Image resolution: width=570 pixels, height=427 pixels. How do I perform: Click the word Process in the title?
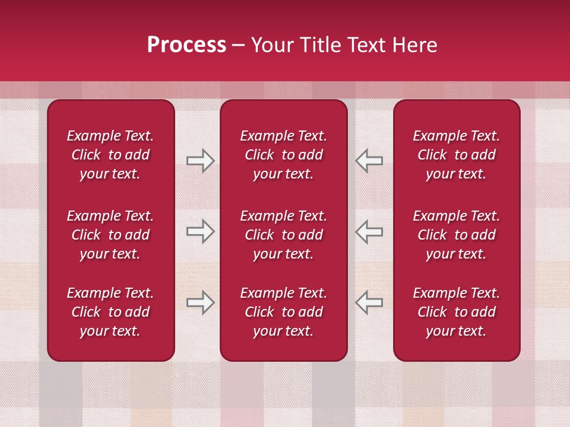pyautogui.click(x=186, y=45)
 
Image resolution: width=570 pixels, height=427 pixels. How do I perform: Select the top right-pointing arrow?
pyautogui.click(x=200, y=161)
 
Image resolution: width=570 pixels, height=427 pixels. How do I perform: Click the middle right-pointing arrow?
pyautogui.click(x=200, y=231)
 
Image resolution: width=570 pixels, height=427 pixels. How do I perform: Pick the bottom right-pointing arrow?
pyautogui.click(x=200, y=302)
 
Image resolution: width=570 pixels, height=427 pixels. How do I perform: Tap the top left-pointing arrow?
pyautogui.click(x=369, y=161)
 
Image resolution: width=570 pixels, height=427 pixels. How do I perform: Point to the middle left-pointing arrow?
pyautogui.click(x=369, y=231)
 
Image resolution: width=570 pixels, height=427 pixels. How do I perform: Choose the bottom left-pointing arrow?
pyautogui.click(x=369, y=302)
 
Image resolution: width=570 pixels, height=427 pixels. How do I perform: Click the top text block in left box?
pyautogui.click(x=110, y=155)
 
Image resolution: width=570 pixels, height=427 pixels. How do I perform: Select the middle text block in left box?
pyautogui.click(x=110, y=235)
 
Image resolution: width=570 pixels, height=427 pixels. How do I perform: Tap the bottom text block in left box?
pyautogui.click(x=110, y=312)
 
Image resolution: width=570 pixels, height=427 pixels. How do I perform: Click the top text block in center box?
pyautogui.click(x=283, y=155)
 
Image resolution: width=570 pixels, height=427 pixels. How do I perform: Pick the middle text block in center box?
pyautogui.click(x=283, y=235)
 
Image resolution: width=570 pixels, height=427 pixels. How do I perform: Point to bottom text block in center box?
pyautogui.click(x=283, y=312)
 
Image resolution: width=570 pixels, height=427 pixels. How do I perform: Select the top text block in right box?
pyautogui.click(x=456, y=155)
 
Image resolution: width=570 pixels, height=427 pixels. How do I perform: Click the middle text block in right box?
pyautogui.click(x=456, y=235)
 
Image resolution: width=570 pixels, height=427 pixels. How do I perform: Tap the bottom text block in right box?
pyautogui.click(x=456, y=312)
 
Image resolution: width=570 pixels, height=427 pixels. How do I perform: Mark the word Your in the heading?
pyautogui.click(x=271, y=45)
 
